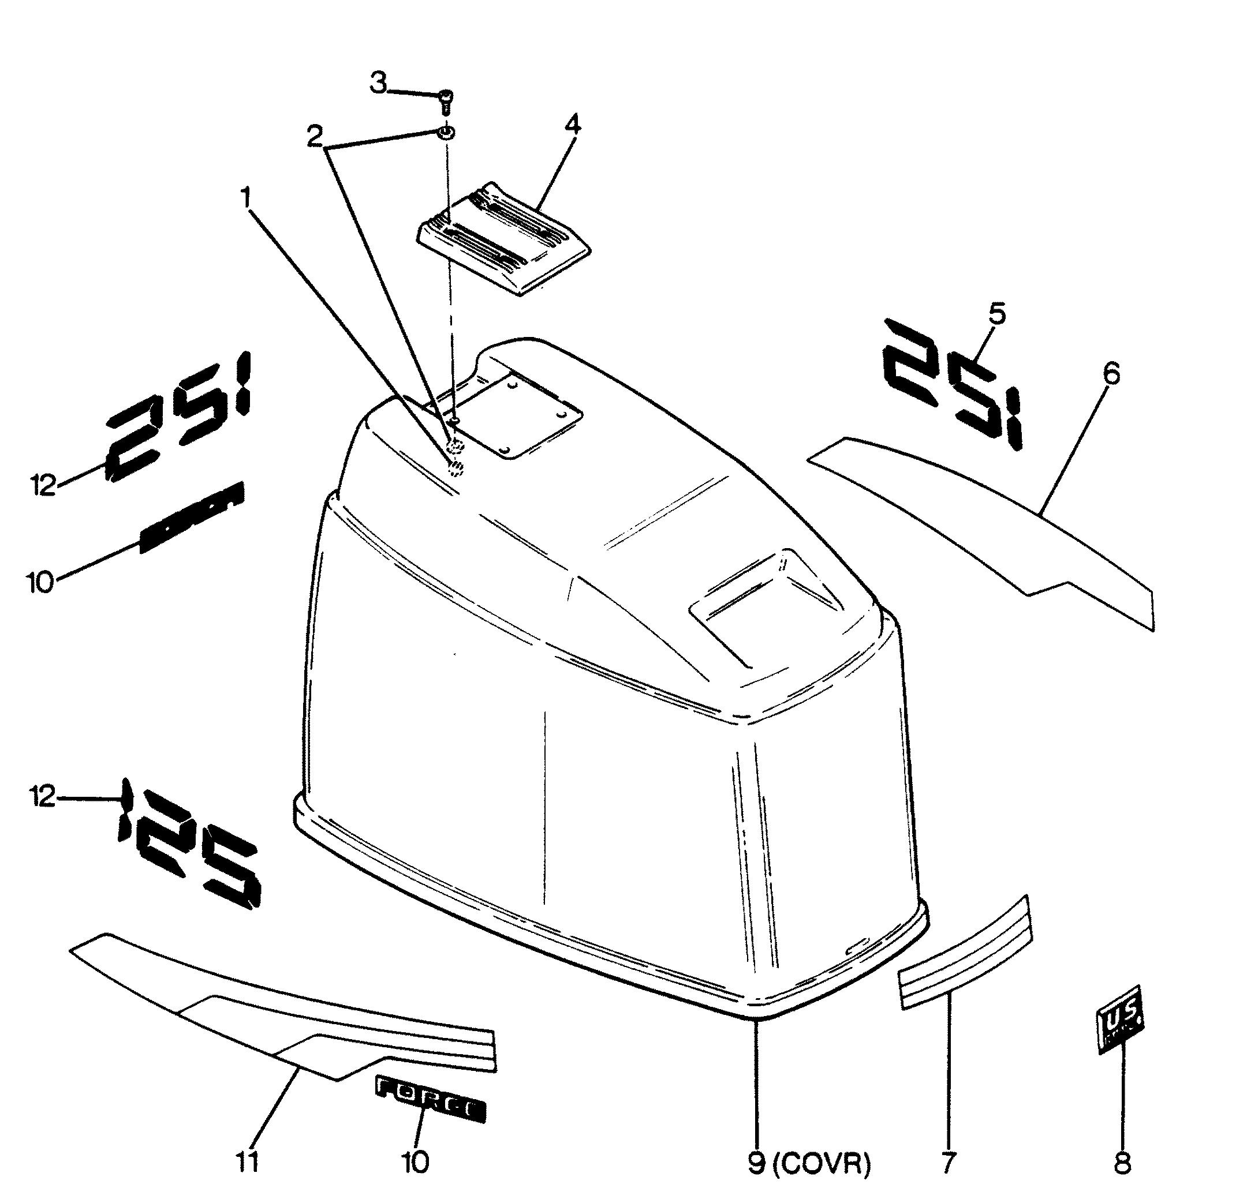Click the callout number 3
click(379, 83)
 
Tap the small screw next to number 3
click(445, 100)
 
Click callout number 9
click(756, 1164)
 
